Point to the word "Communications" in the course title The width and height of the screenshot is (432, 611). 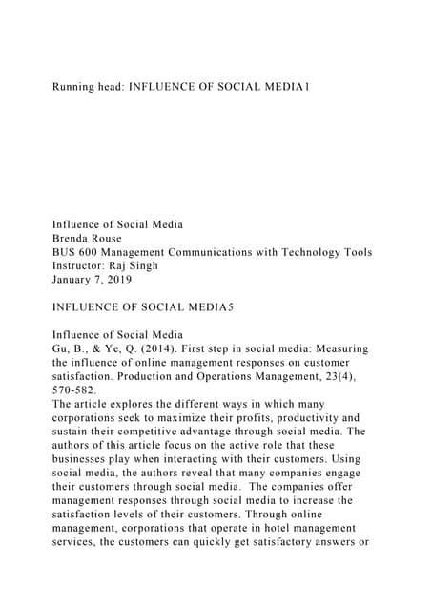[235, 252]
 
